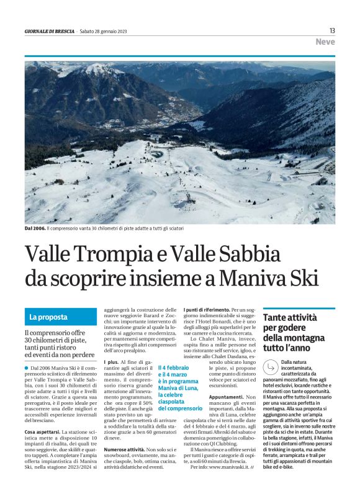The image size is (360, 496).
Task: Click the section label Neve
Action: [x=325, y=42]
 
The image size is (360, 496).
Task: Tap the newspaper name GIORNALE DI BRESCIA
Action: [x=49, y=31]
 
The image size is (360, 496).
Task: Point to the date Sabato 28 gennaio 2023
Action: [x=107, y=31]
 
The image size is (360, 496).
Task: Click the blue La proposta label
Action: [x=48, y=317]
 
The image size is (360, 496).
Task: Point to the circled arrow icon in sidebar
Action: [x=271, y=367]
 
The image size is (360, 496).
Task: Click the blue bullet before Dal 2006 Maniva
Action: [x=27, y=368]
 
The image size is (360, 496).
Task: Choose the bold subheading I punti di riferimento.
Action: [x=207, y=310]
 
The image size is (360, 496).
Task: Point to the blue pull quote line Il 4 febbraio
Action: [x=172, y=367]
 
